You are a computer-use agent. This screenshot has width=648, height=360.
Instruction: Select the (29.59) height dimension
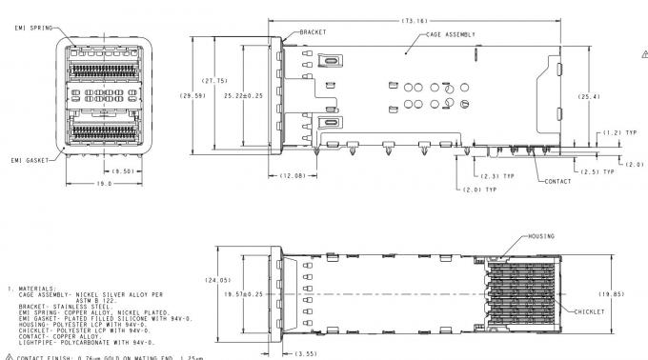pyautogui.click(x=195, y=95)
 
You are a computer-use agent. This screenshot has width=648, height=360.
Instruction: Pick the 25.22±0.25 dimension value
pyautogui.click(x=241, y=95)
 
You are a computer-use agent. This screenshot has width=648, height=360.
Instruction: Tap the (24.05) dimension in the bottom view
pyautogui.click(x=218, y=281)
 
